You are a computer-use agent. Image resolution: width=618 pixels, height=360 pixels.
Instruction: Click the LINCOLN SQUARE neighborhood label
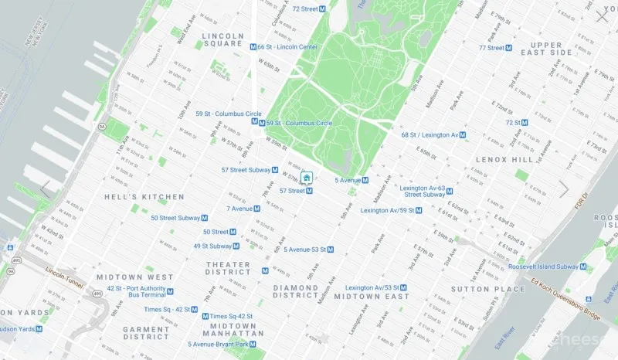(x=222, y=39)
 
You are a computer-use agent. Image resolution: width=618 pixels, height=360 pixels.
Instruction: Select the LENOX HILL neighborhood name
(x=506, y=158)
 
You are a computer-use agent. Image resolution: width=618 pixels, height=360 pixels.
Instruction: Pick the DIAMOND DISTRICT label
(x=296, y=290)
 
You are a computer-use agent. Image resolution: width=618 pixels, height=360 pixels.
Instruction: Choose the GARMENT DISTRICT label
(x=145, y=332)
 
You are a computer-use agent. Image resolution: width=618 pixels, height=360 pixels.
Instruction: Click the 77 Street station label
(x=491, y=48)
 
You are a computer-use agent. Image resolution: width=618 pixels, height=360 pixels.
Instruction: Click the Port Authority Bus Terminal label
(x=137, y=291)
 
